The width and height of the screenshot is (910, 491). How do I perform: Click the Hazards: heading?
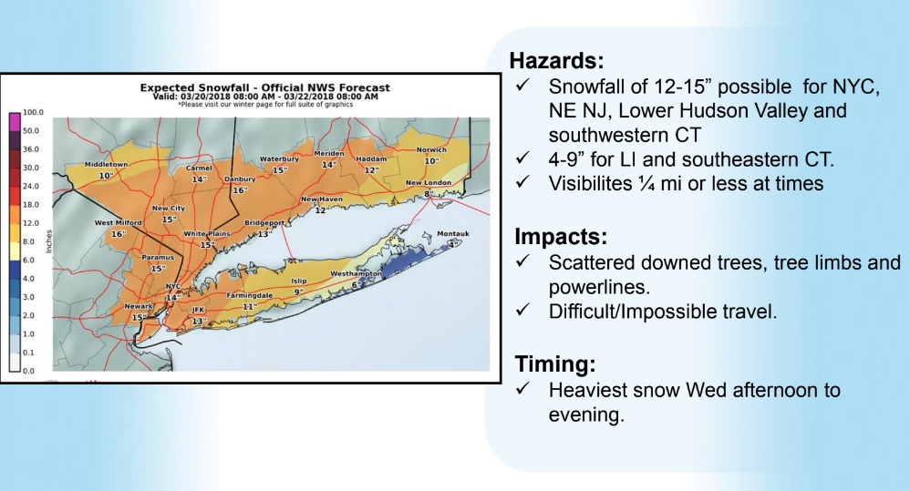coord(556,60)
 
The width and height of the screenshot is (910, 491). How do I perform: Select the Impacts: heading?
coord(561,237)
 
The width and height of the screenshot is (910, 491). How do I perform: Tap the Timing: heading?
coord(554,364)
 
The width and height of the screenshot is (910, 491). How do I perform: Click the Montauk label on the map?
coord(452,233)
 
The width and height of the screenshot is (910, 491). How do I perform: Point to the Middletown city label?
coord(106,164)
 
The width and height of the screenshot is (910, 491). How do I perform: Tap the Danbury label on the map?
coord(240,179)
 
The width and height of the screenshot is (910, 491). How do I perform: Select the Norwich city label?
coord(431,149)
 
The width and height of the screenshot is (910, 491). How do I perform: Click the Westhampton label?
coord(357,273)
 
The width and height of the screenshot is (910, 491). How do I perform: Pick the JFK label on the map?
coord(199,310)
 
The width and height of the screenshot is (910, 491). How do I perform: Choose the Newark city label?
coord(138,306)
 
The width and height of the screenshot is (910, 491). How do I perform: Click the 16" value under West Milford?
coord(118,233)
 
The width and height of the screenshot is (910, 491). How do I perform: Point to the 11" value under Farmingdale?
coord(249,306)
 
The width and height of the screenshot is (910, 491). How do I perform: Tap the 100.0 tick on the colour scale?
coord(33,112)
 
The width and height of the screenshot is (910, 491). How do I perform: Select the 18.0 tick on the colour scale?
coord(31,205)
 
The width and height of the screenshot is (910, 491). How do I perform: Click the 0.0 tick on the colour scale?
coord(28,371)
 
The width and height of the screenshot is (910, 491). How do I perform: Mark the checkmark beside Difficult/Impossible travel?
coord(522,310)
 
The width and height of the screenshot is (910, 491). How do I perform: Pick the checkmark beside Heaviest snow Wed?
coord(522,388)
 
